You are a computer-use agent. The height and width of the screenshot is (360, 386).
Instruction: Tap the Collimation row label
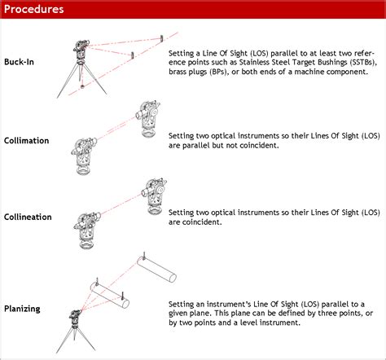[x=27, y=141]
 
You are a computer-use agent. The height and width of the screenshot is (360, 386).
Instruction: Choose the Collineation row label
[x=29, y=217]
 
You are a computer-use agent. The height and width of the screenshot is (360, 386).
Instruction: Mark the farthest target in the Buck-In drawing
[x=162, y=37]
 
